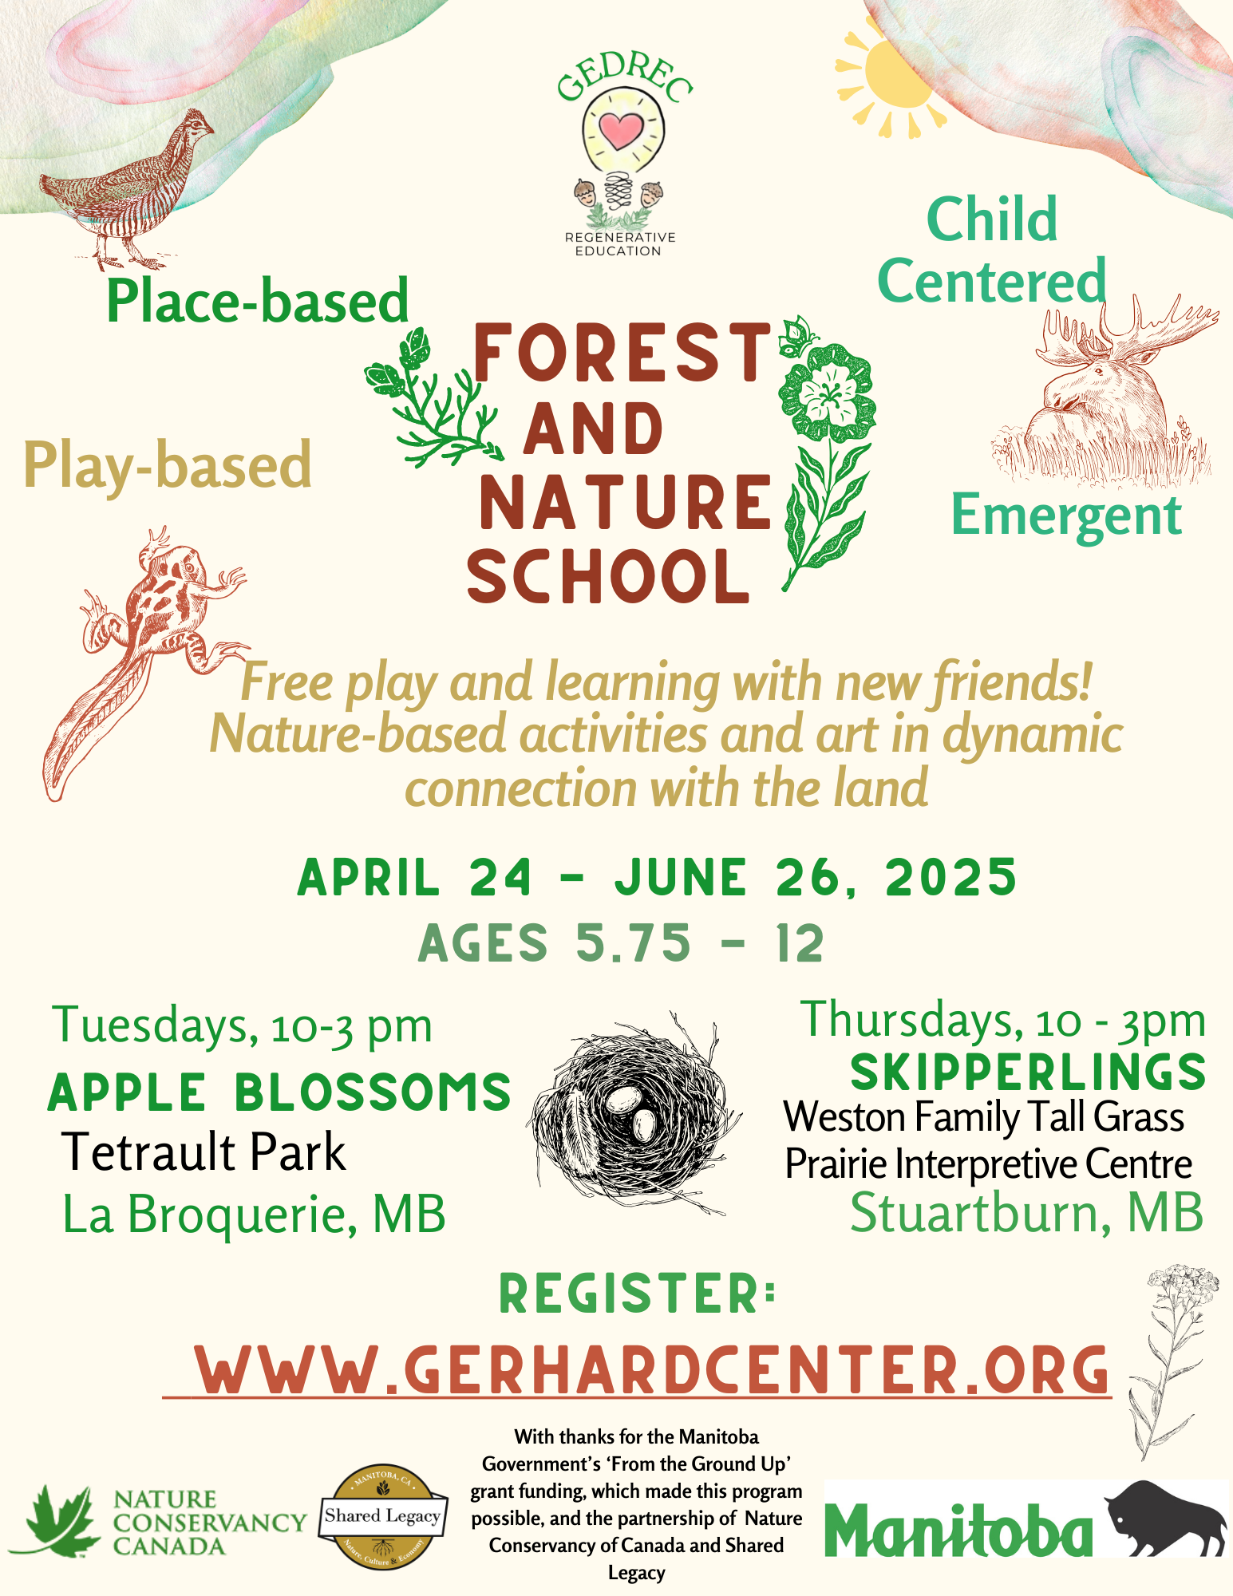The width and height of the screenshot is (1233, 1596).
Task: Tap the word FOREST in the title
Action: [x=622, y=352]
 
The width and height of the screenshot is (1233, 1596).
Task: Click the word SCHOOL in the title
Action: [x=608, y=576]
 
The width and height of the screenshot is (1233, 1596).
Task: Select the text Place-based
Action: [x=257, y=302]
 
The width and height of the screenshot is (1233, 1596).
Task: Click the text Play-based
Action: [x=168, y=465]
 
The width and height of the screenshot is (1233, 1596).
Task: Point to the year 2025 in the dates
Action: [x=950, y=877]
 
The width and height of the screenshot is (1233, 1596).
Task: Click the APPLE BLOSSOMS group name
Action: [x=279, y=1092]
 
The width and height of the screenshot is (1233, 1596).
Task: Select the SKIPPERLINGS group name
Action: [x=1028, y=1072]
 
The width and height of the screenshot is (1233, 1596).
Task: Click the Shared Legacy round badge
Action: [x=383, y=1517]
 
